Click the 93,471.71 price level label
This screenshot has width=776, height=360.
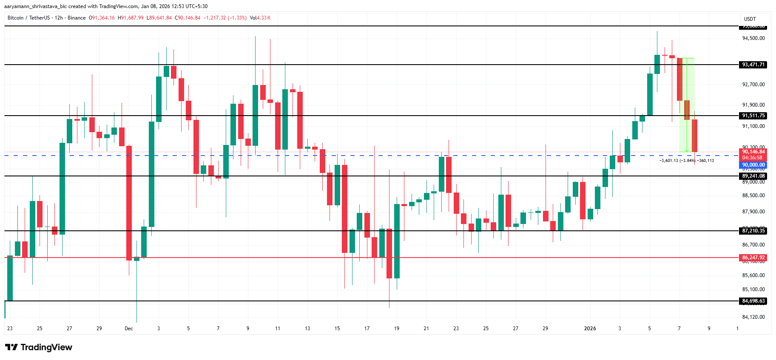(753, 65)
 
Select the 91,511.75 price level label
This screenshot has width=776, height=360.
(753, 116)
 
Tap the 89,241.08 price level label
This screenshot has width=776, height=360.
(753, 176)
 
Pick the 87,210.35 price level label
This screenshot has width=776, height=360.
(753, 231)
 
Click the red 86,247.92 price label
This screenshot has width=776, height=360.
(753, 258)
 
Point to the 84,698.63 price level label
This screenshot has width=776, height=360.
(753, 301)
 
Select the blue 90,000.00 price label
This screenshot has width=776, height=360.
(753, 165)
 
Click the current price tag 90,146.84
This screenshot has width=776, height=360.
(753, 152)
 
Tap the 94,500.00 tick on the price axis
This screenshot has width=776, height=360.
(753, 38)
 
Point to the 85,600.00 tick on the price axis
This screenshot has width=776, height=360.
(753, 275)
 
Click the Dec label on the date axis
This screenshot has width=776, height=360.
(128, 329)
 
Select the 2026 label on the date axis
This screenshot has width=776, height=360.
(590, 329)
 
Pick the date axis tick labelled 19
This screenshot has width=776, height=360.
(396, 329)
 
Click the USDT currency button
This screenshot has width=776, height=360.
(750, 19)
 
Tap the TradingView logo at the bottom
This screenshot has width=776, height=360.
(39, 347)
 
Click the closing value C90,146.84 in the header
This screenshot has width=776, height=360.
(189, 18)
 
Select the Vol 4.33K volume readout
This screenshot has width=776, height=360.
(260, 18)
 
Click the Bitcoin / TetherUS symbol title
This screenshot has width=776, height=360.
(28, 18)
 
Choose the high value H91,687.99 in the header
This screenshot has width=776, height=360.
(131, 18)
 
